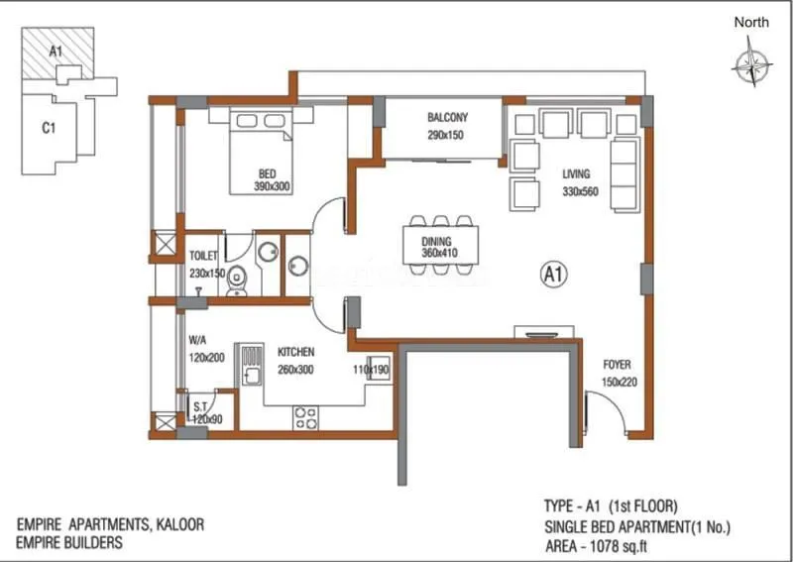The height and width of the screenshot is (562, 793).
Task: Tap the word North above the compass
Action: pos(752,22)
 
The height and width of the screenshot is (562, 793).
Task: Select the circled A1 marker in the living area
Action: pos(552,272)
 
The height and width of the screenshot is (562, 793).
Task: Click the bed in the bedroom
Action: pos(262,149)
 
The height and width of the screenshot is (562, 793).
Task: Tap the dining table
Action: pos(441,245)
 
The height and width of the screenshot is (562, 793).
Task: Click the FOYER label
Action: pos(616,365)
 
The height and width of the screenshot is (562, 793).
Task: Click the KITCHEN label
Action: pos(295,352)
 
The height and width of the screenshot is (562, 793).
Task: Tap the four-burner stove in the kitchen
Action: pos(304,417)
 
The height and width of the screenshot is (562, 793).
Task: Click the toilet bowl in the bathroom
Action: pos(235,284)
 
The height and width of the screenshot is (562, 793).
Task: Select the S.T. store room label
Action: pos(199,406)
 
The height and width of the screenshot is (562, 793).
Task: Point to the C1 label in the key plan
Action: pos(47,127)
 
